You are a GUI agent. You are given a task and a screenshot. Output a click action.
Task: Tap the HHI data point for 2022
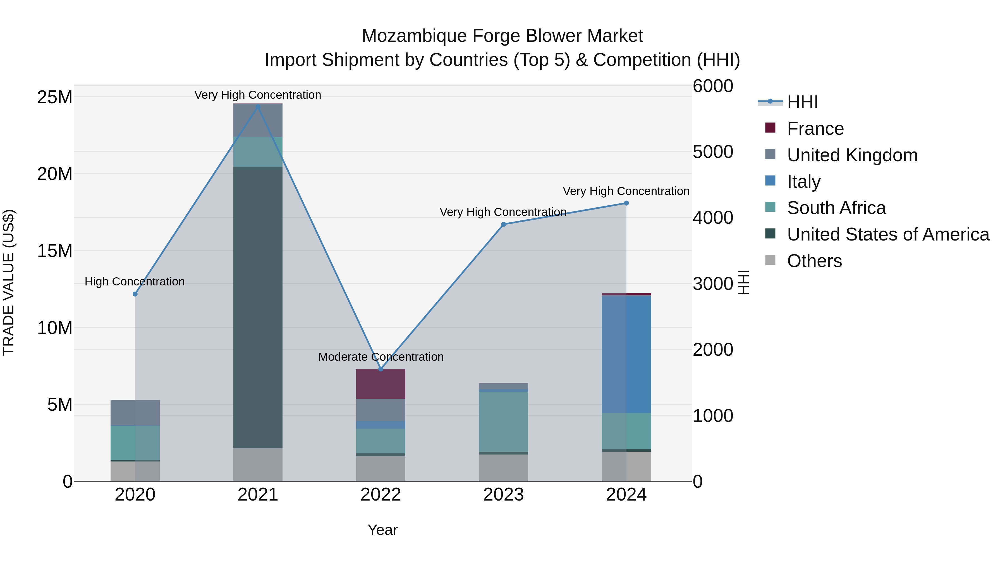[x=381, y=369]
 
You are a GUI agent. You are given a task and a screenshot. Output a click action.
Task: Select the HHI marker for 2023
[x=503, y=224]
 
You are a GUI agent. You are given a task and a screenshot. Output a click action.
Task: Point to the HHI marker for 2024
[x=626, y=203]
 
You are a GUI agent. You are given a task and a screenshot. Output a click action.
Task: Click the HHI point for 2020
[x=135, y=294]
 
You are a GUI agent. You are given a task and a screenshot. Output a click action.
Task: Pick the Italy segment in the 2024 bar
[x=626, y=354]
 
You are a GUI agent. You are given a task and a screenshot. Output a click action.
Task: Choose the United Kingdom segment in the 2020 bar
[x=135, y=413]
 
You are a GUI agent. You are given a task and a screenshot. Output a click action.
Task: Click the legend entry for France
[x=815, y=129]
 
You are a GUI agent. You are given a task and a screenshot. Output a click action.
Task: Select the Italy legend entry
[x=804, y=182]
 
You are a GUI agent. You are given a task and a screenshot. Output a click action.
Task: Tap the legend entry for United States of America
[x=887, y=234]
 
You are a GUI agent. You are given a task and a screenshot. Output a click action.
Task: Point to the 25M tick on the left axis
[x=55, y=97]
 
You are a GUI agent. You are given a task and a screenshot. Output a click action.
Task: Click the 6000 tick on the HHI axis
[x=713, y=86]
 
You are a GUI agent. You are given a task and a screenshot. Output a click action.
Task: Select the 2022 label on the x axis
[x=381, y=495]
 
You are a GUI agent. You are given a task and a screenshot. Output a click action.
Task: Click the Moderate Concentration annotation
[x=381, y=357]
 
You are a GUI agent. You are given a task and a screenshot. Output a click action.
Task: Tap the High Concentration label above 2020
[x=135, y=282]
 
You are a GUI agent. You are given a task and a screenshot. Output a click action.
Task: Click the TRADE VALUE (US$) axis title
[x=9, y=282]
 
